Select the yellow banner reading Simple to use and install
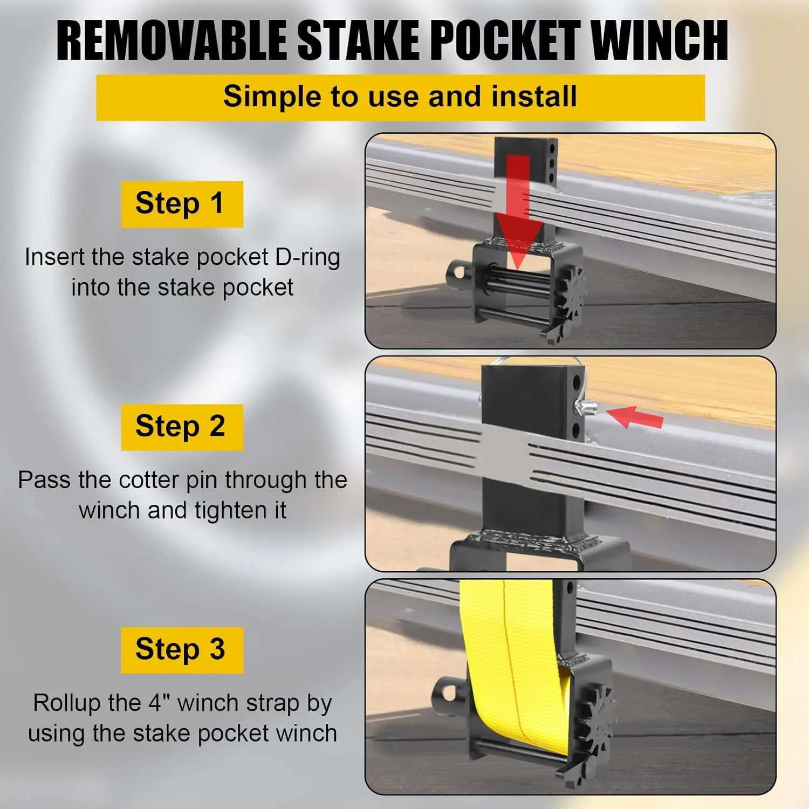point(400,98)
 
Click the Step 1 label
point(182,204)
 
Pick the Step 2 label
point(182,427)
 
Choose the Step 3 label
point(182,650)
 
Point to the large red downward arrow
point(518,210)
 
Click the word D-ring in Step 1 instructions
point(307,258)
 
